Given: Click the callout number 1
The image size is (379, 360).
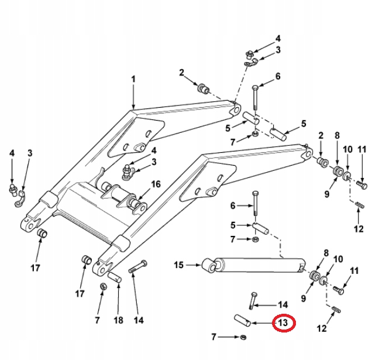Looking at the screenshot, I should [133, 79].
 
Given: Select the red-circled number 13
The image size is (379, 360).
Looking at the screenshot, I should [284, 323].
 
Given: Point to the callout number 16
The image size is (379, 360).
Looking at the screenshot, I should [156, 184].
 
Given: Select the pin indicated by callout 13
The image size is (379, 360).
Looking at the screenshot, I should [242, 320].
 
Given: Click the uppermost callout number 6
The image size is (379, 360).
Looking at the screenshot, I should [278, 76].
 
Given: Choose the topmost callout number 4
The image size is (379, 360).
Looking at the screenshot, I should [278, 38].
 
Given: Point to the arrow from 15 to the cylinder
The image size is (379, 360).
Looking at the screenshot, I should [192, 265].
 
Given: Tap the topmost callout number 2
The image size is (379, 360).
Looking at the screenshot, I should [182, 73].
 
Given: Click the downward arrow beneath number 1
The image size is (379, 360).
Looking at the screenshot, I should [133, 97].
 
